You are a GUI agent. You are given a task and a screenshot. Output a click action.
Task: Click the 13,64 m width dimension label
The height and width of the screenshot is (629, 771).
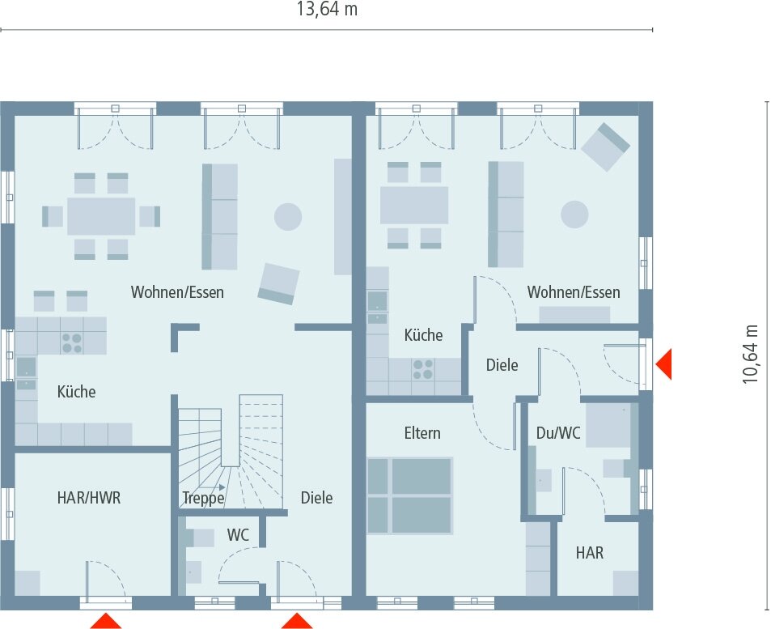coord(327,10)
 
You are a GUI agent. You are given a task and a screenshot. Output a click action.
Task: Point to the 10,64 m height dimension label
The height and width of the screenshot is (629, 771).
coord(752,353)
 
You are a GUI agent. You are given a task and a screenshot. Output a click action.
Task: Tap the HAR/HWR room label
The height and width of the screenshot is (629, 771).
coord(88,498)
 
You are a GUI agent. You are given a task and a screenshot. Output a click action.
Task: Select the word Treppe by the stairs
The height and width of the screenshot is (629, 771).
coord(203,499)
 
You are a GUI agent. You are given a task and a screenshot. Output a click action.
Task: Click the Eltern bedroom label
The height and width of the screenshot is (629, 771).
coord(422,433)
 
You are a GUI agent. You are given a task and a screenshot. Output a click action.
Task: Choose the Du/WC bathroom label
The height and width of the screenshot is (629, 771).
coord(558,433)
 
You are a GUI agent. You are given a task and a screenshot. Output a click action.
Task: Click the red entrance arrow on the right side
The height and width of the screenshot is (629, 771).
coord(663,363)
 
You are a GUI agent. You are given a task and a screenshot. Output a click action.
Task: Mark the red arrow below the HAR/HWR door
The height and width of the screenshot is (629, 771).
coord(105,621)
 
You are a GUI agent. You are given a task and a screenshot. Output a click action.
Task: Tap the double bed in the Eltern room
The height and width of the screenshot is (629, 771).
coord(409,495)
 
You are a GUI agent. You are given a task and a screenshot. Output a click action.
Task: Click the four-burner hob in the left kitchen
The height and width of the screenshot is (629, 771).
coord(72,343)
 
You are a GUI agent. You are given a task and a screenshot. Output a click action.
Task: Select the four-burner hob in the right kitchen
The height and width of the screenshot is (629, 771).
coord(423,370)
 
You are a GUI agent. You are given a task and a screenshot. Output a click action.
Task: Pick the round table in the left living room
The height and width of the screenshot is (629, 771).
coord(288,216)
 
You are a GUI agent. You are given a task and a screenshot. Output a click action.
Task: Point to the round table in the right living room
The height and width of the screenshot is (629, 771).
coord(574,215)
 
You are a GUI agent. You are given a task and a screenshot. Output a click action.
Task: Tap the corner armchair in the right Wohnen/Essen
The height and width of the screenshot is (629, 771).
coord(605,147)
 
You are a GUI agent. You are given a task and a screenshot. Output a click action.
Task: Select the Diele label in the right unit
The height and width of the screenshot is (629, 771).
coord(502,365)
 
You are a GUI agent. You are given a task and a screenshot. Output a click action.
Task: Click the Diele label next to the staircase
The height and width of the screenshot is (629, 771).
coord(316,498)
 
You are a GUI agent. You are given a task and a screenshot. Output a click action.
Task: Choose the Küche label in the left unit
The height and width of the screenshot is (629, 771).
coord(76,392)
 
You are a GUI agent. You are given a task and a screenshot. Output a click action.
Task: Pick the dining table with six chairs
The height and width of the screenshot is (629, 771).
coord(101,216)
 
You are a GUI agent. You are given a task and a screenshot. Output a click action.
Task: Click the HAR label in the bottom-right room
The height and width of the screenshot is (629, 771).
coord(590,553)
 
